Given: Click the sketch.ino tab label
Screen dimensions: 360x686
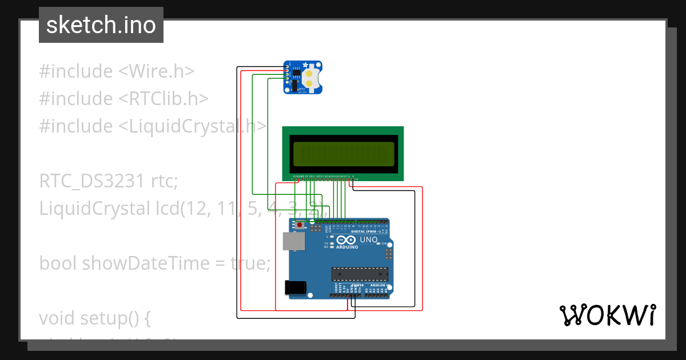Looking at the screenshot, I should (x=101, y=25).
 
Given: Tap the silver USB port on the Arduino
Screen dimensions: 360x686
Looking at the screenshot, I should (x=293, y=242).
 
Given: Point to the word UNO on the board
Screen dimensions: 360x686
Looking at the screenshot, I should (x=368, y=240).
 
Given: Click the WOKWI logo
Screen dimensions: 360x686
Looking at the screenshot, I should (x=607, y=315).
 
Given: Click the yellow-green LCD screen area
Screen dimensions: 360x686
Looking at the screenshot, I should (x=343, y=153).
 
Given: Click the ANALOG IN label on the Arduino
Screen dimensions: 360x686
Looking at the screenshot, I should (x=378, y=285).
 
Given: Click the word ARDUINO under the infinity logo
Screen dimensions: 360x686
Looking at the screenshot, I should (x=347, y=247).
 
